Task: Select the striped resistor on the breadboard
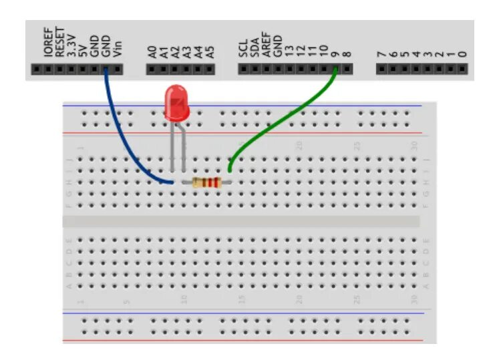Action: pyautogui.click(x=206, y=182)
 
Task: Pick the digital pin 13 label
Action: pyautogui.click(x=289, y=51)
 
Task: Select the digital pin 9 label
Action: pyautogui.click(x=336, y=53)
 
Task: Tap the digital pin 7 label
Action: pyautogui.click(x=381, y=53)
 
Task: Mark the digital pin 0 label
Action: pyautogui.click(x=462, y=53)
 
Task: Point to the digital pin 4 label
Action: pyautogui.click(x=415, y=53)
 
